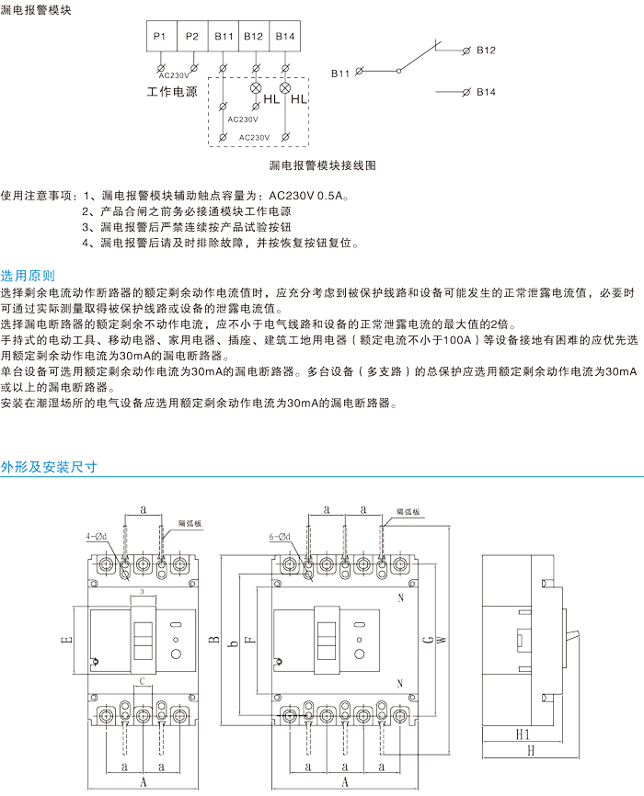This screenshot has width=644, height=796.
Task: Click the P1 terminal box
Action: [159, 36]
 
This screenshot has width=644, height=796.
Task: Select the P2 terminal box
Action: [191, 36]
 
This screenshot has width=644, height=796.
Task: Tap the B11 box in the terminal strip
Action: [224, 36]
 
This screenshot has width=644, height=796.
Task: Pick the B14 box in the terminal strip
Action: [285, 36]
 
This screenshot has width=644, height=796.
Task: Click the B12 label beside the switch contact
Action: [487, 50]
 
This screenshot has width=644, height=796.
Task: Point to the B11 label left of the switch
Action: [341, 71]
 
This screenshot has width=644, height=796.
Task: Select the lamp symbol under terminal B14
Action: [285, 88]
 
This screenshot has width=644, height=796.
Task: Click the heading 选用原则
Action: [28, 275]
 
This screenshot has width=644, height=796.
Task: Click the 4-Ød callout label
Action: [96, 535]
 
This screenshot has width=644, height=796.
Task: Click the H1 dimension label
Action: [522, 735]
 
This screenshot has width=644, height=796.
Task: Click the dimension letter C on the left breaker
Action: [142, 681]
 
